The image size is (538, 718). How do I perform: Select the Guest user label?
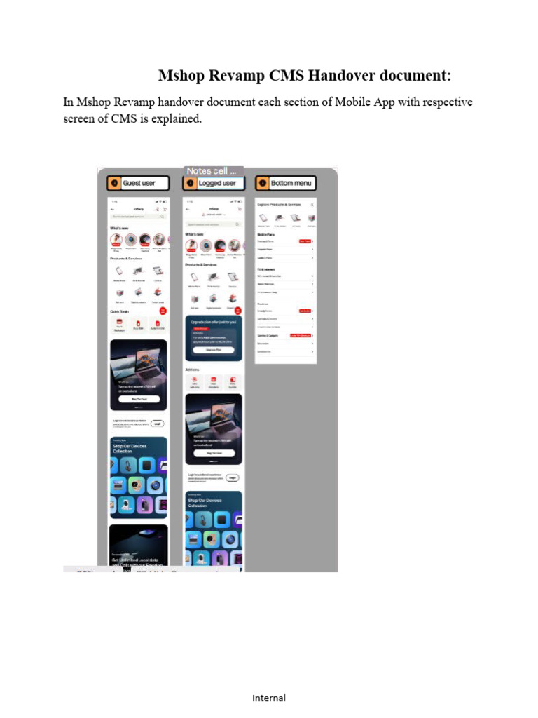click(139, 183)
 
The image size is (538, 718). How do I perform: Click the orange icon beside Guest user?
click(114, 183)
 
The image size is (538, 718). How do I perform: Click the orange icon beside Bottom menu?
click(263, 183)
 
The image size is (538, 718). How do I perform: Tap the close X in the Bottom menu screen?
click(312, 204)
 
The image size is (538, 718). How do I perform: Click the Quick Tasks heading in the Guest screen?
click(118, 312)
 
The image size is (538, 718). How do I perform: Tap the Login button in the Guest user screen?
click(158, 424)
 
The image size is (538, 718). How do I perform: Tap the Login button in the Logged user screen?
click(233, 477)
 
